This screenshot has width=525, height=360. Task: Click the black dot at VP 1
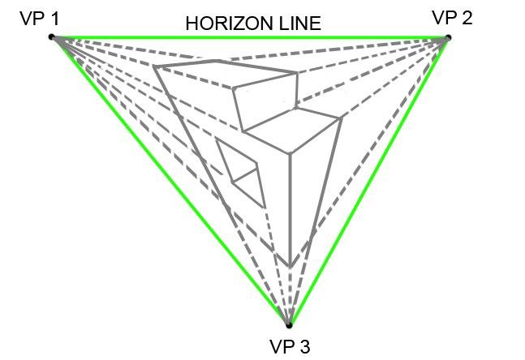[51, 36]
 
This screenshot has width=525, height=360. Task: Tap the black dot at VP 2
[447, 37]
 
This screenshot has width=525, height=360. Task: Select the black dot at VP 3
[288, 325]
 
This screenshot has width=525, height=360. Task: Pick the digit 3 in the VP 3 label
[305, 347]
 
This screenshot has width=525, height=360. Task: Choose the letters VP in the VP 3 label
[281, 347]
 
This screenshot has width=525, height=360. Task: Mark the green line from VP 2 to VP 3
[369, 178]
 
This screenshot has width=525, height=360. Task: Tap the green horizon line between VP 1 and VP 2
[243, 37]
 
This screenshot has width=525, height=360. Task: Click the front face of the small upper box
[264, 101]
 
